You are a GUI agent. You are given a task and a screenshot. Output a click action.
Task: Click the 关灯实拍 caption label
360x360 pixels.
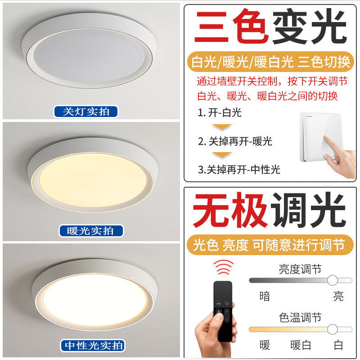(x=85, y=112)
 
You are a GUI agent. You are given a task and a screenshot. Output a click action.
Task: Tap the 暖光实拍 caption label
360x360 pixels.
(x=91, y=231)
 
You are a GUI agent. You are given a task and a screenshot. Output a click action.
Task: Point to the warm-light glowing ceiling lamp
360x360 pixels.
(x=92, y=178)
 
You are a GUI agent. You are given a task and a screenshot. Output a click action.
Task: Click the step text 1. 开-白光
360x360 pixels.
(x=219, y=112)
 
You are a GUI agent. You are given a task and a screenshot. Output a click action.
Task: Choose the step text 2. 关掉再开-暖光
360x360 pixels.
(x=235, y=141)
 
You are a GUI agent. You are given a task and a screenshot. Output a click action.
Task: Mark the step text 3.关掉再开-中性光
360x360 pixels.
(x=238, y=169)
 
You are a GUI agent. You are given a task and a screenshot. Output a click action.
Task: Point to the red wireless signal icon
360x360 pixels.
(x=224, y=269)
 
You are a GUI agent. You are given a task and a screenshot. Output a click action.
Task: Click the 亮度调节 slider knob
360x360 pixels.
(x=333, y=280)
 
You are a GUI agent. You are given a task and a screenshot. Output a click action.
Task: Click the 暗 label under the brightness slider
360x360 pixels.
(x=265, y=296)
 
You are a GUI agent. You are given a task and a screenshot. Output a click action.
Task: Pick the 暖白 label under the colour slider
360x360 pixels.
(x=301, y=345)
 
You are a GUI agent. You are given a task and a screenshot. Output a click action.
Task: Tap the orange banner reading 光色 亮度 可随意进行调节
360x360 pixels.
(x=269, y=245)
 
